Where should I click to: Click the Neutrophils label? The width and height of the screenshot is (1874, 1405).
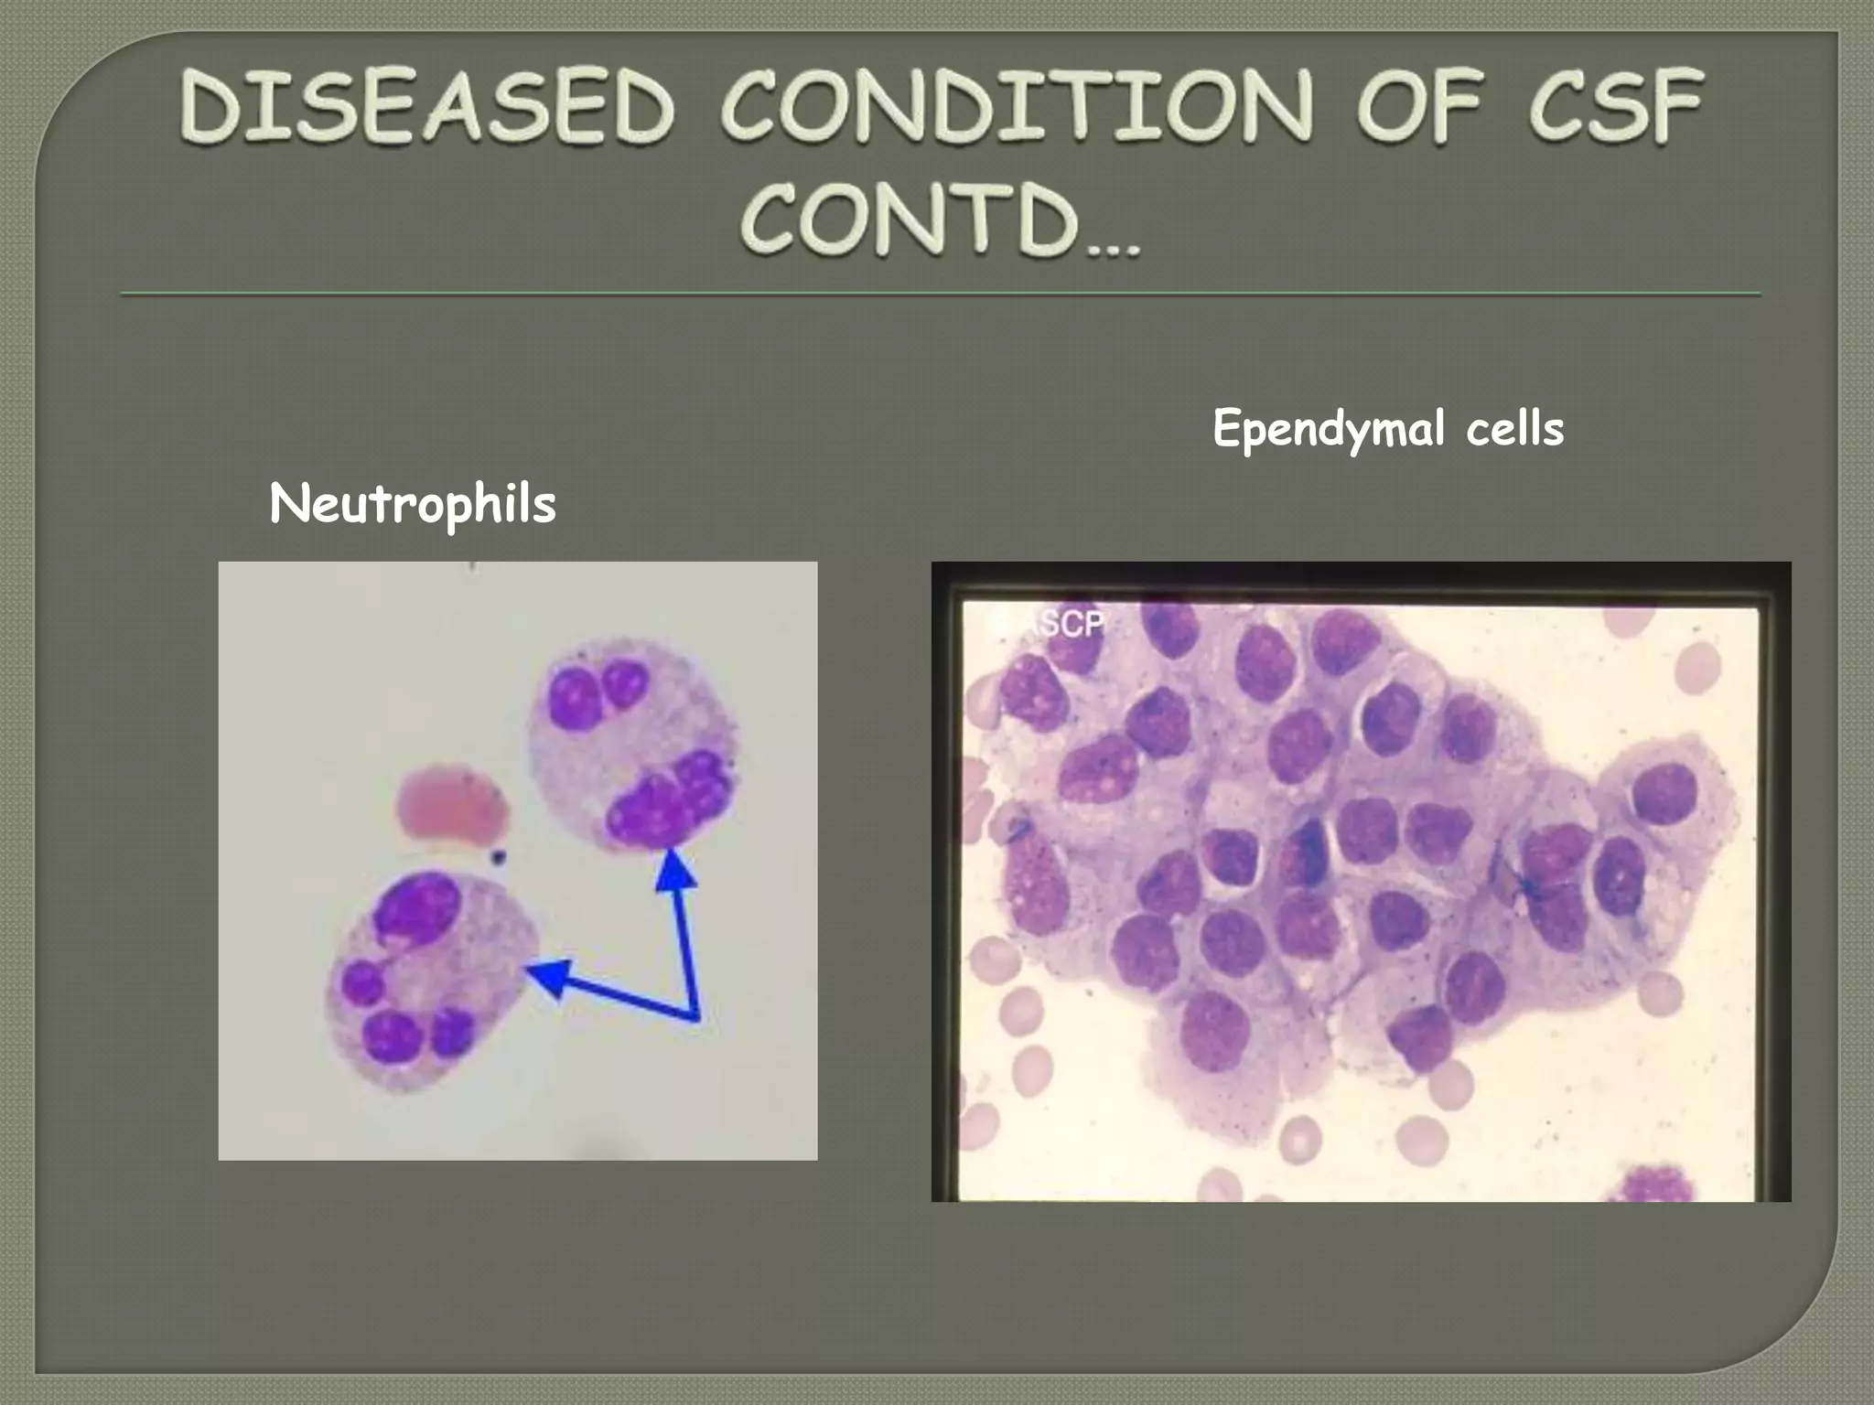[x=413, y=504]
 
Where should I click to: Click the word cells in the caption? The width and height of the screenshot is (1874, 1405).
[x=1514, y=429]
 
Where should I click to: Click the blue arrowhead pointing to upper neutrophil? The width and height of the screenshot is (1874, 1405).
[x=675, y=869]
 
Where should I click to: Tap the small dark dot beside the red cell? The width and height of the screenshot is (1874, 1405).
[x=498, y=857]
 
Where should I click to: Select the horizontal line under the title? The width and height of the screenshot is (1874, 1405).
[x=941, y=295]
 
